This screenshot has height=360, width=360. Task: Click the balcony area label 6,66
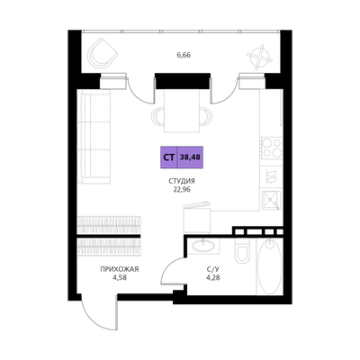(184, 55)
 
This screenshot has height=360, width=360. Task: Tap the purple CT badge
(169, 157)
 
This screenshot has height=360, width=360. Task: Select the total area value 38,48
(191, 157)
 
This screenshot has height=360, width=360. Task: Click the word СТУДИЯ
(182, 181)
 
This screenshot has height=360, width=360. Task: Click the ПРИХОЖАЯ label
(120, 269)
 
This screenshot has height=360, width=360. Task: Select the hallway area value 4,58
(120, 277)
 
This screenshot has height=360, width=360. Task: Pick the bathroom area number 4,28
(213, 277)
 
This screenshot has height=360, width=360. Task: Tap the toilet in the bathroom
(242, 250)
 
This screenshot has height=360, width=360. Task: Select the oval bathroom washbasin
(203, 246)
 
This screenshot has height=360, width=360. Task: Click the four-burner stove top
(271, 148)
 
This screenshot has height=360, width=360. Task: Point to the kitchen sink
(271, 200)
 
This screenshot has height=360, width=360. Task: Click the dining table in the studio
(182, 111)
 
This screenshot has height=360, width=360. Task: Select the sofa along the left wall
(94, 137)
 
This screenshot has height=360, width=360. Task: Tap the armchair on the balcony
(102, 54)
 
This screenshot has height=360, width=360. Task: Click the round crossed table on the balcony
(260, 57)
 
